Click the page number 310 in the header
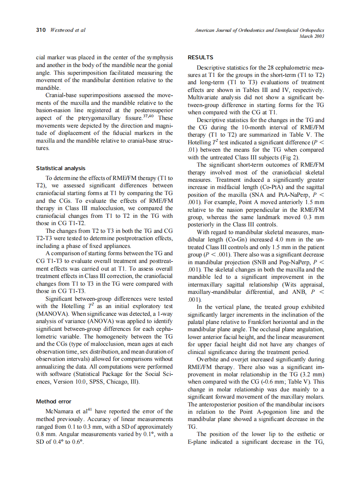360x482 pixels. click(x=41, y=30)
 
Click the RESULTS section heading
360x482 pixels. click(x=201, y=57)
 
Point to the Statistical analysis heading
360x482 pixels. click(x=61, y=168)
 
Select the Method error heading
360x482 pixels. click(x=54, y=401)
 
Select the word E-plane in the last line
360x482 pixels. click(x=201, y=442)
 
